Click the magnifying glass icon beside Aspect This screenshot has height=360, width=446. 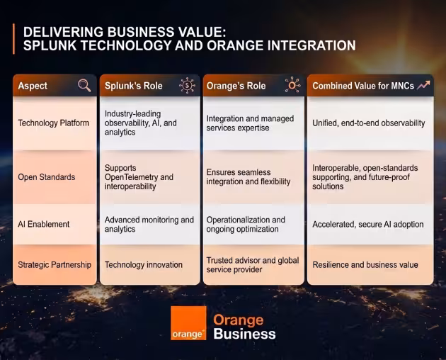pos(84,86)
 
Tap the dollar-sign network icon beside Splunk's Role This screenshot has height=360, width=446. pos(187,85)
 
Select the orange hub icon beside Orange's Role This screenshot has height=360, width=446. pos(292,84)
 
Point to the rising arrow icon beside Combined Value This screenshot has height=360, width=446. pos(423,85)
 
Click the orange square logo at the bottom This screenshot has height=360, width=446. pos(188,323)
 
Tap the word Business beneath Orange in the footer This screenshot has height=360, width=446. pos(245,334)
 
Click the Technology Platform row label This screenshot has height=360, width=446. pos(54,123)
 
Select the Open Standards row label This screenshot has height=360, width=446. pos(47,177)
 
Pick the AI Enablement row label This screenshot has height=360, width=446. pos(43,224)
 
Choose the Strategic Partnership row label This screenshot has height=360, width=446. pos(55,265)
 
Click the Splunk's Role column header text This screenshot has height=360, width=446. pos(133,86)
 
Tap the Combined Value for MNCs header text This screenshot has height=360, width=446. pos(363,86)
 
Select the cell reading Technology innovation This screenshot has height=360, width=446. pos(144,265)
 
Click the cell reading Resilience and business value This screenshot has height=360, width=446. pos(365,265)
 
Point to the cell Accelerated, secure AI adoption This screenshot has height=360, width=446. pos(368,225)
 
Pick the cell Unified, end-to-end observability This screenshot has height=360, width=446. pos(369,123)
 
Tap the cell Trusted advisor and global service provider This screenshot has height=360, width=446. pos(253,265)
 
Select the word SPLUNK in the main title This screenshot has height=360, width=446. pos(50,45)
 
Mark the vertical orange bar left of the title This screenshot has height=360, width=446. pos(13,39)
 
